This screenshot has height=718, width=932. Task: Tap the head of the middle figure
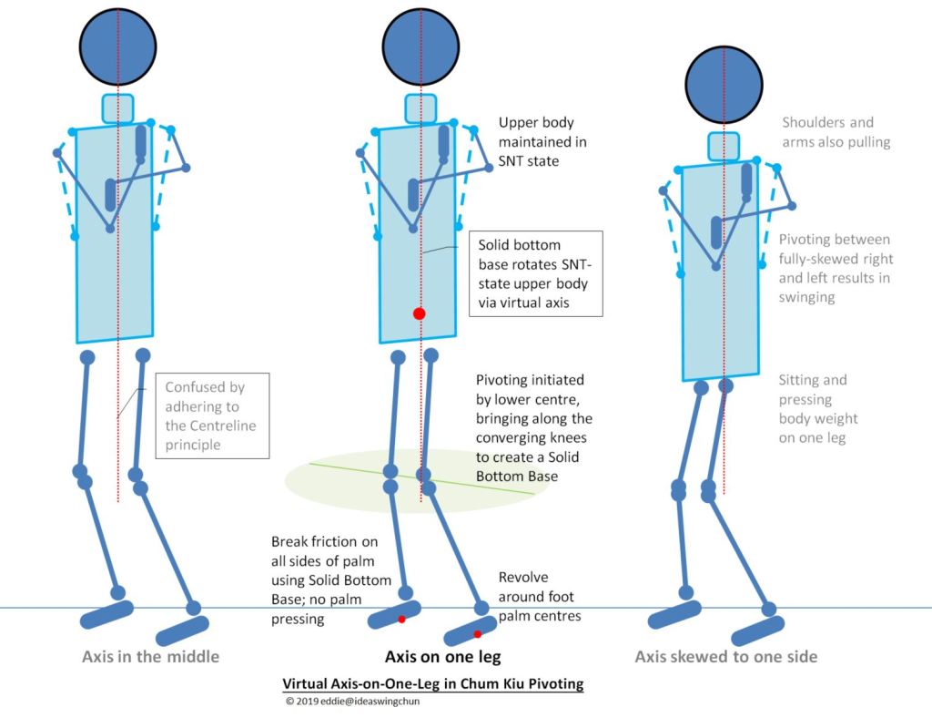tap(420, 47)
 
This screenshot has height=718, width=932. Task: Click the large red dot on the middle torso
tap(419, 313)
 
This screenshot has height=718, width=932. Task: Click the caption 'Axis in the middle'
tap(150, 656)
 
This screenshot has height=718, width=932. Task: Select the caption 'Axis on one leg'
tap(443, 656)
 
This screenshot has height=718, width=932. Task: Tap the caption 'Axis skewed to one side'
tap(725, 656)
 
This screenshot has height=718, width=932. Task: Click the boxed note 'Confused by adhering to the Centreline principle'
tap(212, 415)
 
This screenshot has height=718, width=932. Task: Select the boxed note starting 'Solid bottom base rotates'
tap(535, 273)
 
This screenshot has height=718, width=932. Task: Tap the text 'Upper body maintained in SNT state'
tap(542, 142)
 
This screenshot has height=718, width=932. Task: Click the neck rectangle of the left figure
tap(118, 108)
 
